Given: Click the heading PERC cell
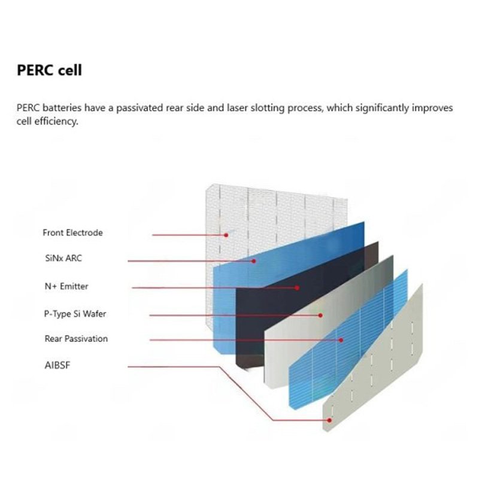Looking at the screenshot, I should [x=49, y=70].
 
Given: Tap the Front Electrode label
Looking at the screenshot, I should [x=72, y=232].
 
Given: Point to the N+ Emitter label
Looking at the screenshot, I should [x=66, y=286].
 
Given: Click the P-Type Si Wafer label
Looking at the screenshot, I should [x=75, y=313].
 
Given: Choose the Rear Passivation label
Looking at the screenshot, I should [x=76, y=339].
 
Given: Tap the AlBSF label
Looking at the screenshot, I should [x=59, y=364].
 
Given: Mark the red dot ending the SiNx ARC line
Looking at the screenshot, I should [x=253, y=261].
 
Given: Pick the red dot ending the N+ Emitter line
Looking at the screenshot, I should [x=297, y=288].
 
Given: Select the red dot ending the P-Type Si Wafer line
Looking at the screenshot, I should [x=320, y=314].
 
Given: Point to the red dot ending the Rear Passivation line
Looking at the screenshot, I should [x=341, y=340].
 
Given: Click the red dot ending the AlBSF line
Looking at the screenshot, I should [x=329, y=420].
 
